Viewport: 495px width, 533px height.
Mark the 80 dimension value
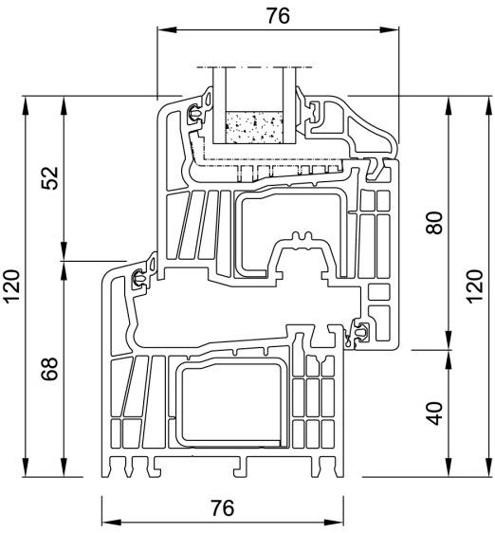(x=434, y=223)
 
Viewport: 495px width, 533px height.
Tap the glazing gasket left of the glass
(x=196, y=112)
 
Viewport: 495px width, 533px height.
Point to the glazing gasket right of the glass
(x=312, y=112)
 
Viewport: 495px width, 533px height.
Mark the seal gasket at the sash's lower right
(x=361, y=331)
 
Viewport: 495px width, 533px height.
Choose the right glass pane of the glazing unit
(x=287, y=104)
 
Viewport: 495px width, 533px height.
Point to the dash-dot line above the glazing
(x=252, y=67)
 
